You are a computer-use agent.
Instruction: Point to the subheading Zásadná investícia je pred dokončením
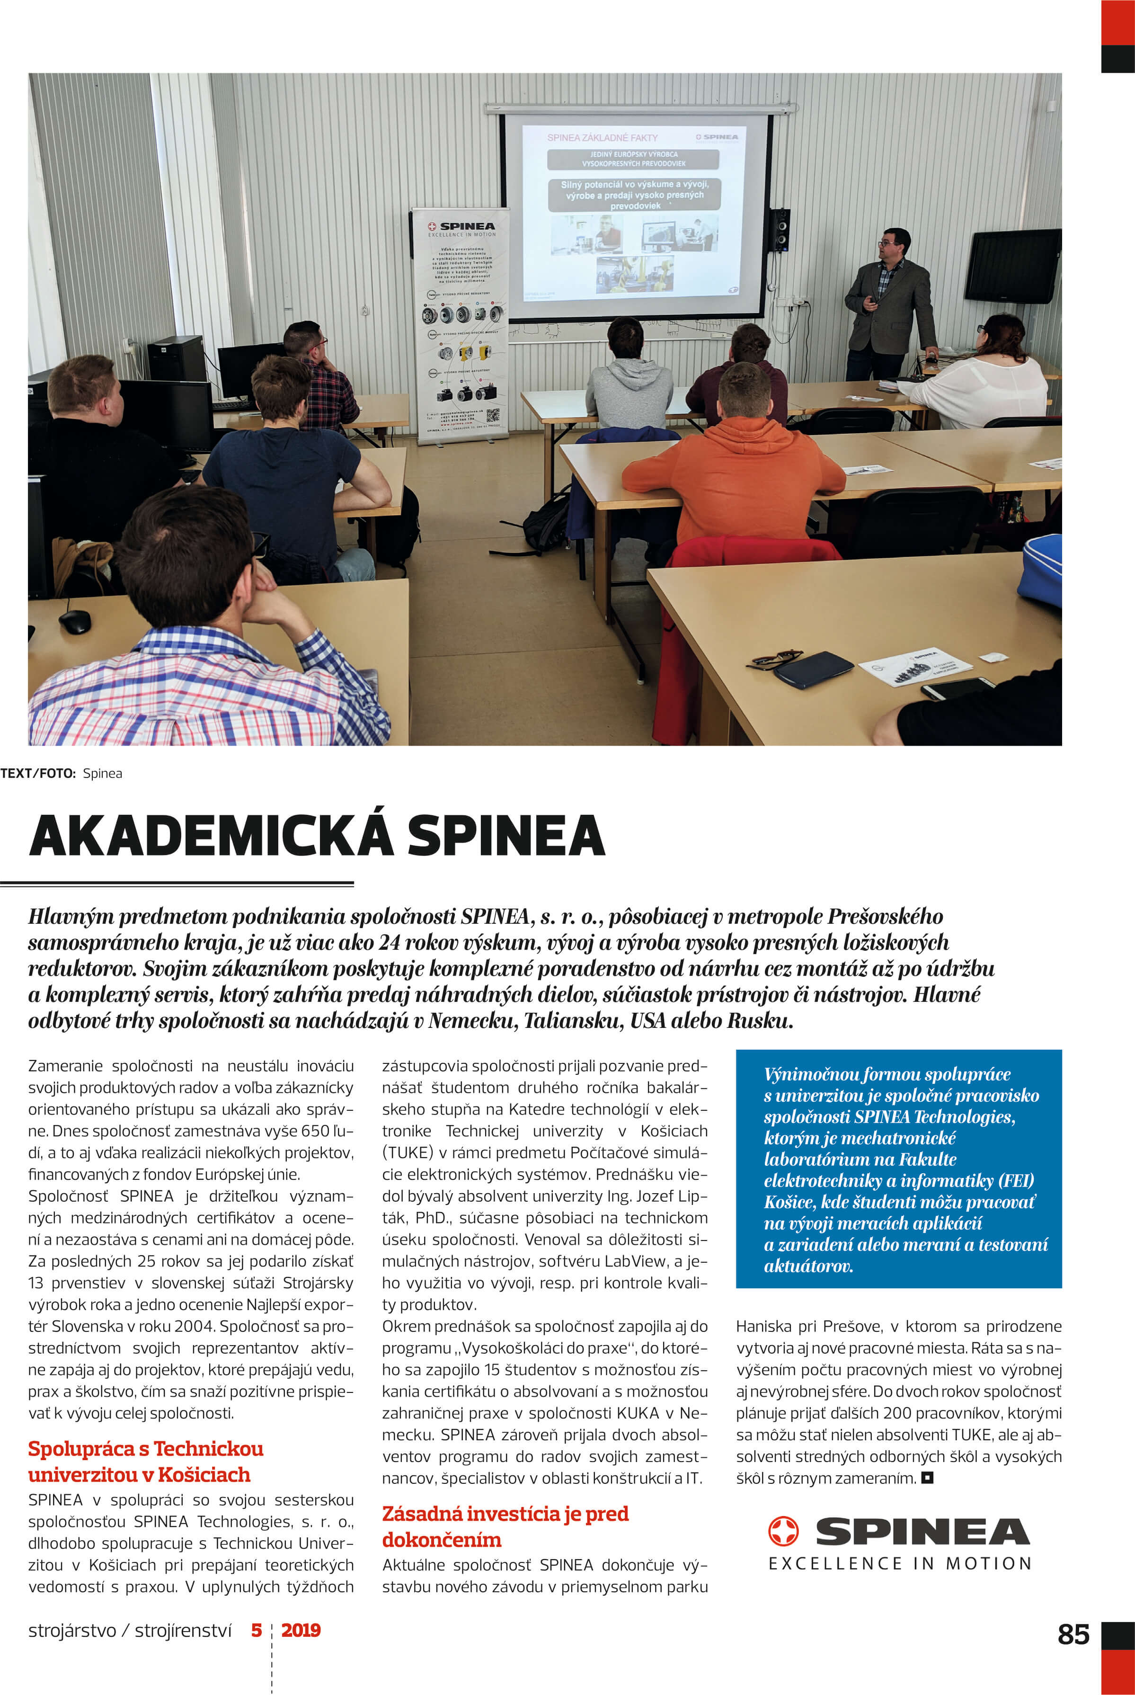pyautogui.click(x=505, y=1526)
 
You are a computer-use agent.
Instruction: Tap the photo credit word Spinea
pyautogui.click(x=102, y=773)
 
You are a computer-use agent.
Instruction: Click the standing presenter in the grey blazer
pyautogui.click(x=890, y=304)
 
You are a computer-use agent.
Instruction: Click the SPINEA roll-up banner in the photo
pyautogui.click(x=461, y=326)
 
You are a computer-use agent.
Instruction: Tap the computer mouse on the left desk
pyautogui.click(x=75, y=621)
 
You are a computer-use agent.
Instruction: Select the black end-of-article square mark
pyautogui.click(x=927, y=1477)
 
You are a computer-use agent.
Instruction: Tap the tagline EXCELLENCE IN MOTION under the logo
pyautogui.click(x=900, y=1563)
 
